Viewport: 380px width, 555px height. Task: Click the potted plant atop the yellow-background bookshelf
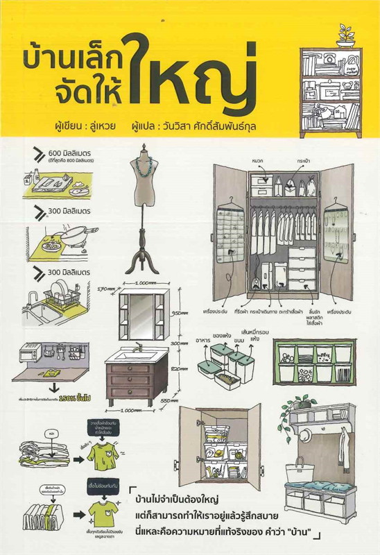coord(344,35)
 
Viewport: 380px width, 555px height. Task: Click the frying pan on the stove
coord(67,240)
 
